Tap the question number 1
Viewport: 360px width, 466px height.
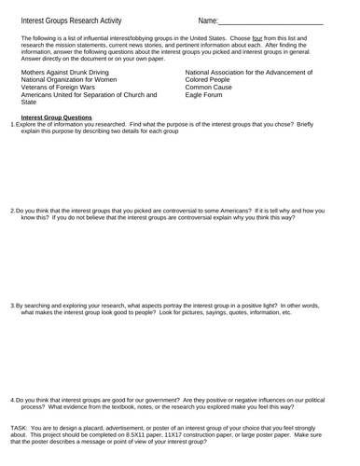coord(12,125)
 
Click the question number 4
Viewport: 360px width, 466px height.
coord(12,401)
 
